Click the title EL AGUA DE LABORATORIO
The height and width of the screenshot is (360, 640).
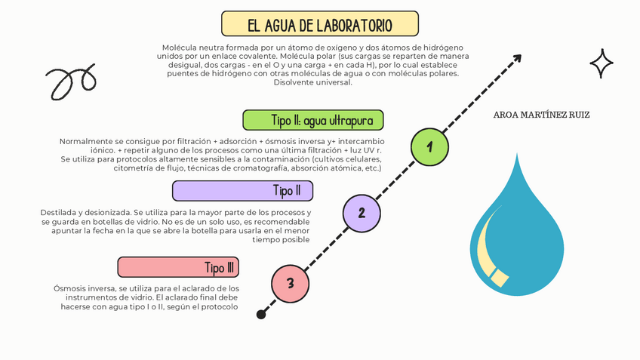click(320, 24)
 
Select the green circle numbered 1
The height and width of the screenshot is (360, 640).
click(429, 146)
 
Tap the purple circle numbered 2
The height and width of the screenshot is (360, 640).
click(362, 212)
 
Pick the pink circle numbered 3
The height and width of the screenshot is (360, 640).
click(291, 283)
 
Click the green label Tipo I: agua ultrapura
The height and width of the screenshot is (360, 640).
click(312, 120)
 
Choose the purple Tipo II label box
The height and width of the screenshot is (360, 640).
click(242, 190)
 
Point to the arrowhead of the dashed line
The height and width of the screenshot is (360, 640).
click(518, 58)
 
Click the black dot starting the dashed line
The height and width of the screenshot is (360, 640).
click(261, 314)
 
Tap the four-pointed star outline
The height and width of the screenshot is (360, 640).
click(602, 63)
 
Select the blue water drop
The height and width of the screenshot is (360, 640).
click(517, 234)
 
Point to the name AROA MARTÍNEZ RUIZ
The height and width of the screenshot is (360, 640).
click(541, 115)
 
